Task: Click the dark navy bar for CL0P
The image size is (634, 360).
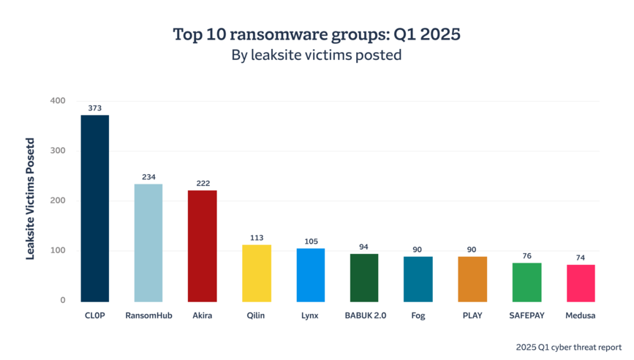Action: (x=94, y=208)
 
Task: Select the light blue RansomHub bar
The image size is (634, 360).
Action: (x=148, y=242)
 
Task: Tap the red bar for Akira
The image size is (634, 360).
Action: (x=203, y=245)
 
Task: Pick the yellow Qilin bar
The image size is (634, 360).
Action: (x=257, y=272)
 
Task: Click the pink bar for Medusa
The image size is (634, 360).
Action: (x=581, y=282)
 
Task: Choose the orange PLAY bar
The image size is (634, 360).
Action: (x=472, y=278)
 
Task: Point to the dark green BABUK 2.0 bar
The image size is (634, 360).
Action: (x=364, y=277)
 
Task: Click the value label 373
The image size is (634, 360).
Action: (x=94, y=108)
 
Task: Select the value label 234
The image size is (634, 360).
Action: (x=148, y=177)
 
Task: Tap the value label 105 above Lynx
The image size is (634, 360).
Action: (x=310, y=241)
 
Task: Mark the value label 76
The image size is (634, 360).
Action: (x=527, y=256)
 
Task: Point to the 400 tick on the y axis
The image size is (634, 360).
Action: (x=58, y=101)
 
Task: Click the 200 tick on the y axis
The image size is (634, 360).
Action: (x=58, y=200)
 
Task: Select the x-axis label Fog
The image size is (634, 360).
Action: (x=418, y=316)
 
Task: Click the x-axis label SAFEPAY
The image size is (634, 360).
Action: (x=527, y=316)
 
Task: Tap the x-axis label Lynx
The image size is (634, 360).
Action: (x=310, y=316)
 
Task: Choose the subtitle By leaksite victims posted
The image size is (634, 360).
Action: (x=317, y=55)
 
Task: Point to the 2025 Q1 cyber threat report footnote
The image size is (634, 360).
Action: (x=567, y=346)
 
